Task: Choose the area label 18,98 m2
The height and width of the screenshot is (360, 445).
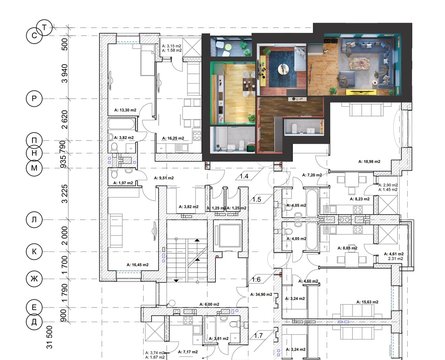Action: coord(370,159)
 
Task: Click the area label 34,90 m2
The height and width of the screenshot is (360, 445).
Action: coord(265,295)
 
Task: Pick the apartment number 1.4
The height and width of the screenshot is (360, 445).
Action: coord(243,175)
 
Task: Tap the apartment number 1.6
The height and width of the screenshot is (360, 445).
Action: coord(257,279)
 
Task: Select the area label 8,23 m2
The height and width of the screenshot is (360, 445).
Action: coord(361,199)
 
